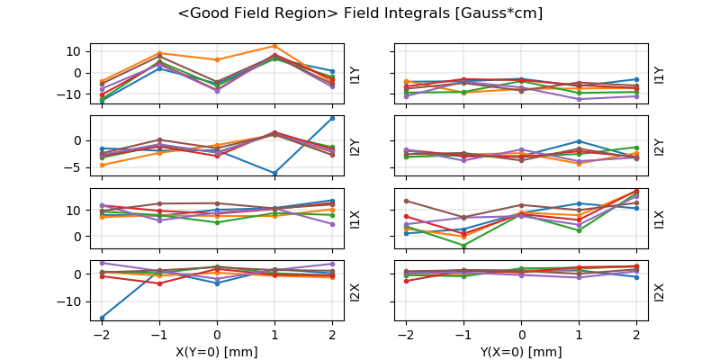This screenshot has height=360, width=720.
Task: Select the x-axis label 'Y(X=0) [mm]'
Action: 521,352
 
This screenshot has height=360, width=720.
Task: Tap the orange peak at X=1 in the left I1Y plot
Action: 274,46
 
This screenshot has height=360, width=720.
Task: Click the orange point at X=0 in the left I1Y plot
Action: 217,59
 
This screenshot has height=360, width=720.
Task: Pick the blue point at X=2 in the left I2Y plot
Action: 332,118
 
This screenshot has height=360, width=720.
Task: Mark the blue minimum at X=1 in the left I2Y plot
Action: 274,173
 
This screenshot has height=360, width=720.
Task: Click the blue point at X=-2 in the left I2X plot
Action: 102,318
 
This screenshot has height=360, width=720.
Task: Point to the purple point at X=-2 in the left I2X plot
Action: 102,263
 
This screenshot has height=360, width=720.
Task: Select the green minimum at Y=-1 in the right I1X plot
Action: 463,245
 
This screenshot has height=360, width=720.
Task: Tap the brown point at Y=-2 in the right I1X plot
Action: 406,201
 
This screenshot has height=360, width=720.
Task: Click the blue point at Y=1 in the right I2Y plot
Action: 579,141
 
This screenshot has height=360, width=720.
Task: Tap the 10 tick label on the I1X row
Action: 75,210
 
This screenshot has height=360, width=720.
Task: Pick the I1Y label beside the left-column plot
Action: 355,75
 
